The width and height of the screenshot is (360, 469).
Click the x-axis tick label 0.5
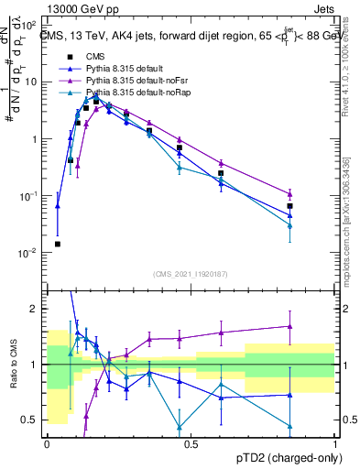[x=191, y=442]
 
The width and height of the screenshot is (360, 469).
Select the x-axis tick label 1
[x=335, y=442]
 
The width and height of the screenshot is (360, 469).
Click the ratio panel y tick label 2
[x=38, y=309]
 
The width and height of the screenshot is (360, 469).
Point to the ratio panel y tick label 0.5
[x=34, y=420]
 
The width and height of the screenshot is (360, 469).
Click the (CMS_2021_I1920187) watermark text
[x=191, y=274]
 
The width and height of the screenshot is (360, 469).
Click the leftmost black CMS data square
[x=58, y=244]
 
